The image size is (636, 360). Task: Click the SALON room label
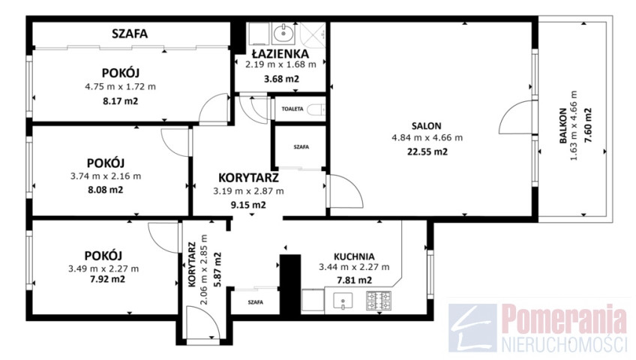(x=426, y=126)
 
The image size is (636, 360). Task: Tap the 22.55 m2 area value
(x=427, y=152)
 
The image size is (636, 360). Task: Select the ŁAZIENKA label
(x=280, y=53)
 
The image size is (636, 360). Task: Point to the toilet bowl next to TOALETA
(x=316, y=109)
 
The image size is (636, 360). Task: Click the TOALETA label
(x=292, y=109)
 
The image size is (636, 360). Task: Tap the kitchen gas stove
(x=379, y=301)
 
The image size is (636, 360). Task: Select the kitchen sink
(x=343, y=301)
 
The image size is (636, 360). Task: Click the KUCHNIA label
(x=354, y=256)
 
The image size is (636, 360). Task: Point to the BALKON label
(x=563, y=126)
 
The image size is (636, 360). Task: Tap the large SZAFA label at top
(x=130, y=34)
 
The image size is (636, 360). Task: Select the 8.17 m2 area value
(x=121, y=101)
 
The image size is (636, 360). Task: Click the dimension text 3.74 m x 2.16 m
(x=106, y=176)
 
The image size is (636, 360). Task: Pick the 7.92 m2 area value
(x=107, y=279)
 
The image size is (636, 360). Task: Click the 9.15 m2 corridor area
(x=248, y=205)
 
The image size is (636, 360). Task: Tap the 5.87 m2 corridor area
(x=217, y=269)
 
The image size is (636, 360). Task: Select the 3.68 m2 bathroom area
(x=281, y=79)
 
